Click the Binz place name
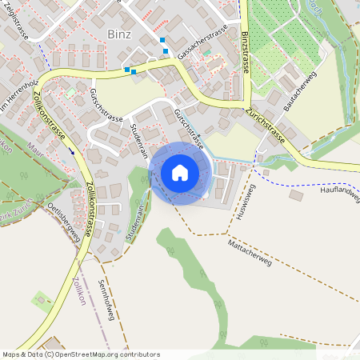click(x=118, y=34)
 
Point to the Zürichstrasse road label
click(x=266, y=125)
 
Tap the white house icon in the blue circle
click(x=180, y=172)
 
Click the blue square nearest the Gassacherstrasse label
click(x=166, y=51)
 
